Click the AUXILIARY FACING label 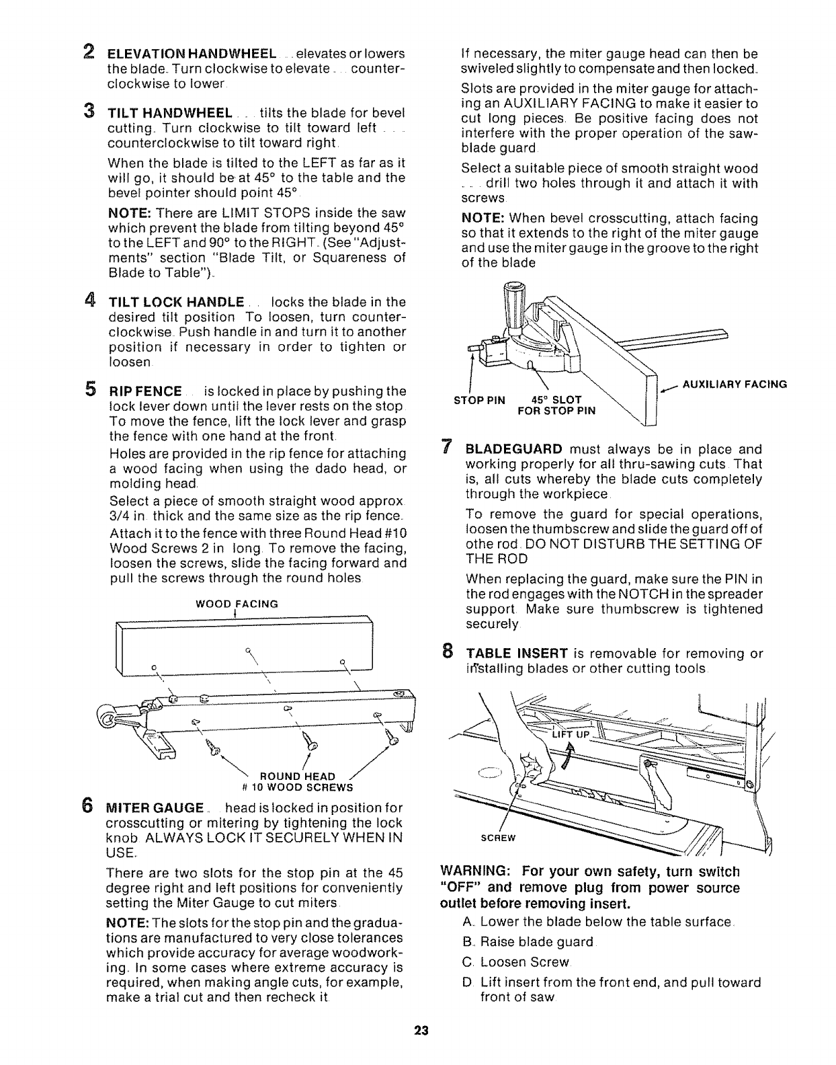point(735,385)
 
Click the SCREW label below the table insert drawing point(497,838)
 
